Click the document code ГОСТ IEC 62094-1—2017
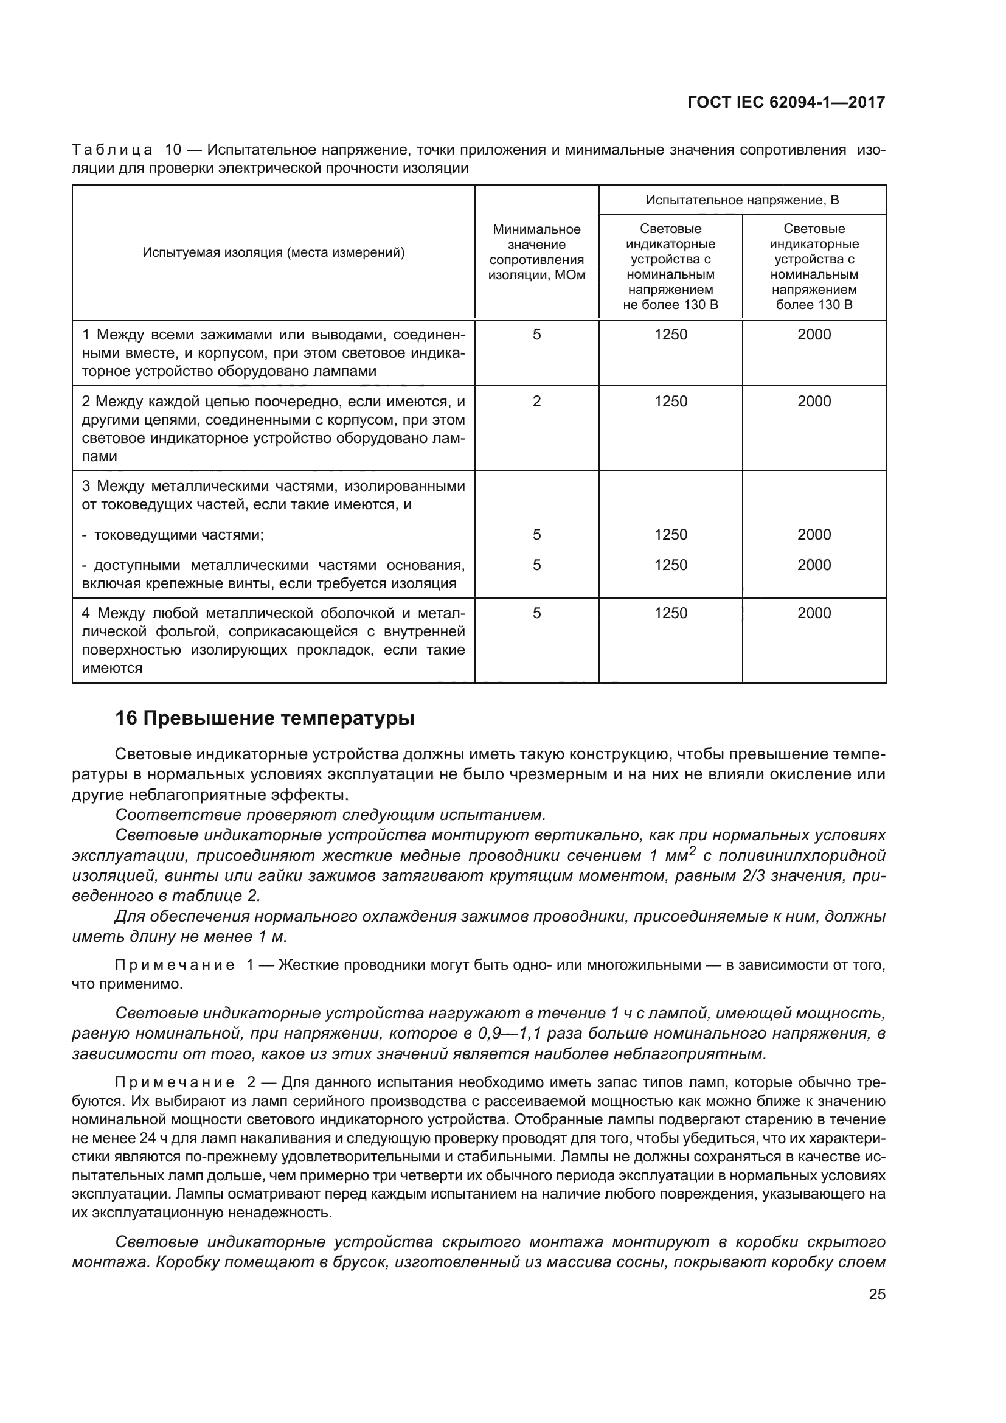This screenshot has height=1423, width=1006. (786, 102)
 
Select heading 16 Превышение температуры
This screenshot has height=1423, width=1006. (265, 718)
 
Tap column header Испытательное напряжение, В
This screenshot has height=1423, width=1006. (742, 200)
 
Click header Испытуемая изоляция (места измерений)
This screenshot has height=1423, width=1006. (273, 252)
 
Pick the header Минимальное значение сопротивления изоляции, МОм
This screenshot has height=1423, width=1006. (536, 252)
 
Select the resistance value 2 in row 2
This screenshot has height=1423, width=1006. (536, 401)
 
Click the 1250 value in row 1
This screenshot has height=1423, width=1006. (670, 335)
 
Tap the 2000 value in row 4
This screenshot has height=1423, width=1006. (814, 613)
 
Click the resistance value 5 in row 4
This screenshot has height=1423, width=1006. (536, 613)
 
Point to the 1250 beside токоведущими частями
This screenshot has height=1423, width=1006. (670, 534)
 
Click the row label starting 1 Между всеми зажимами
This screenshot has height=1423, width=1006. (273, 353)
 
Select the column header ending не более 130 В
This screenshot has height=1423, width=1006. (670, 266)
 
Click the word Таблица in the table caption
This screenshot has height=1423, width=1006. (112, 150)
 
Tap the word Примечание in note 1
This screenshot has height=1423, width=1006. (175, 965)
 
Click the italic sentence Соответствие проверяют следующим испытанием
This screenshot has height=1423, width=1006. (330, 815)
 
